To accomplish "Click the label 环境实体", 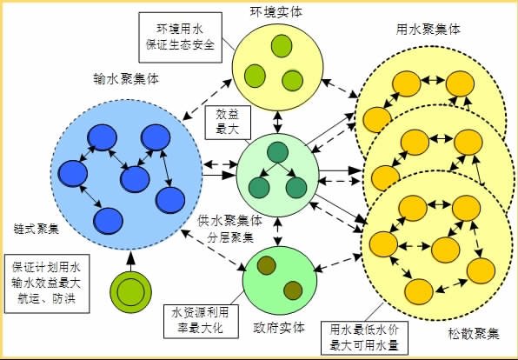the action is (276, 12).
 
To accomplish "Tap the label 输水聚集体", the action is (126, 79).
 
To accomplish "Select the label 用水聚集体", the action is (428, 30).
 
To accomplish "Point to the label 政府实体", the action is (278, 328).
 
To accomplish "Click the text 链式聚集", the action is (37, 229).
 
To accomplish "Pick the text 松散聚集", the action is (473, 334).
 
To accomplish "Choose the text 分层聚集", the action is (230, 237).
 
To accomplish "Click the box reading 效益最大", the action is (228, 123).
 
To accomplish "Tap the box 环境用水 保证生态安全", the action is (180, 37).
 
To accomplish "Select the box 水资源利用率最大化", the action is (201, 321).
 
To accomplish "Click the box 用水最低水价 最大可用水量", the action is (364, 337).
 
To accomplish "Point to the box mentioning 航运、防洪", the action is (47, 283).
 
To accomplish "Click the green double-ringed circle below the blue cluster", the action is (131, 292).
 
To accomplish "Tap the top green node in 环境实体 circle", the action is (282, 45).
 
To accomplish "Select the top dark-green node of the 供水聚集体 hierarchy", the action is (277, 152).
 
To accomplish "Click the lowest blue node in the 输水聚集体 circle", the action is (108, 221).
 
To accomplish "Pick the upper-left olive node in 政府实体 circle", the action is (266, 265).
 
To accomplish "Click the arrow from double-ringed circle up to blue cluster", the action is (131, 261).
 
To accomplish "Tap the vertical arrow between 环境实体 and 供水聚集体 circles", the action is (277, 123).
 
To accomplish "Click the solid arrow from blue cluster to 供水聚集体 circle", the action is (219, 175).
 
